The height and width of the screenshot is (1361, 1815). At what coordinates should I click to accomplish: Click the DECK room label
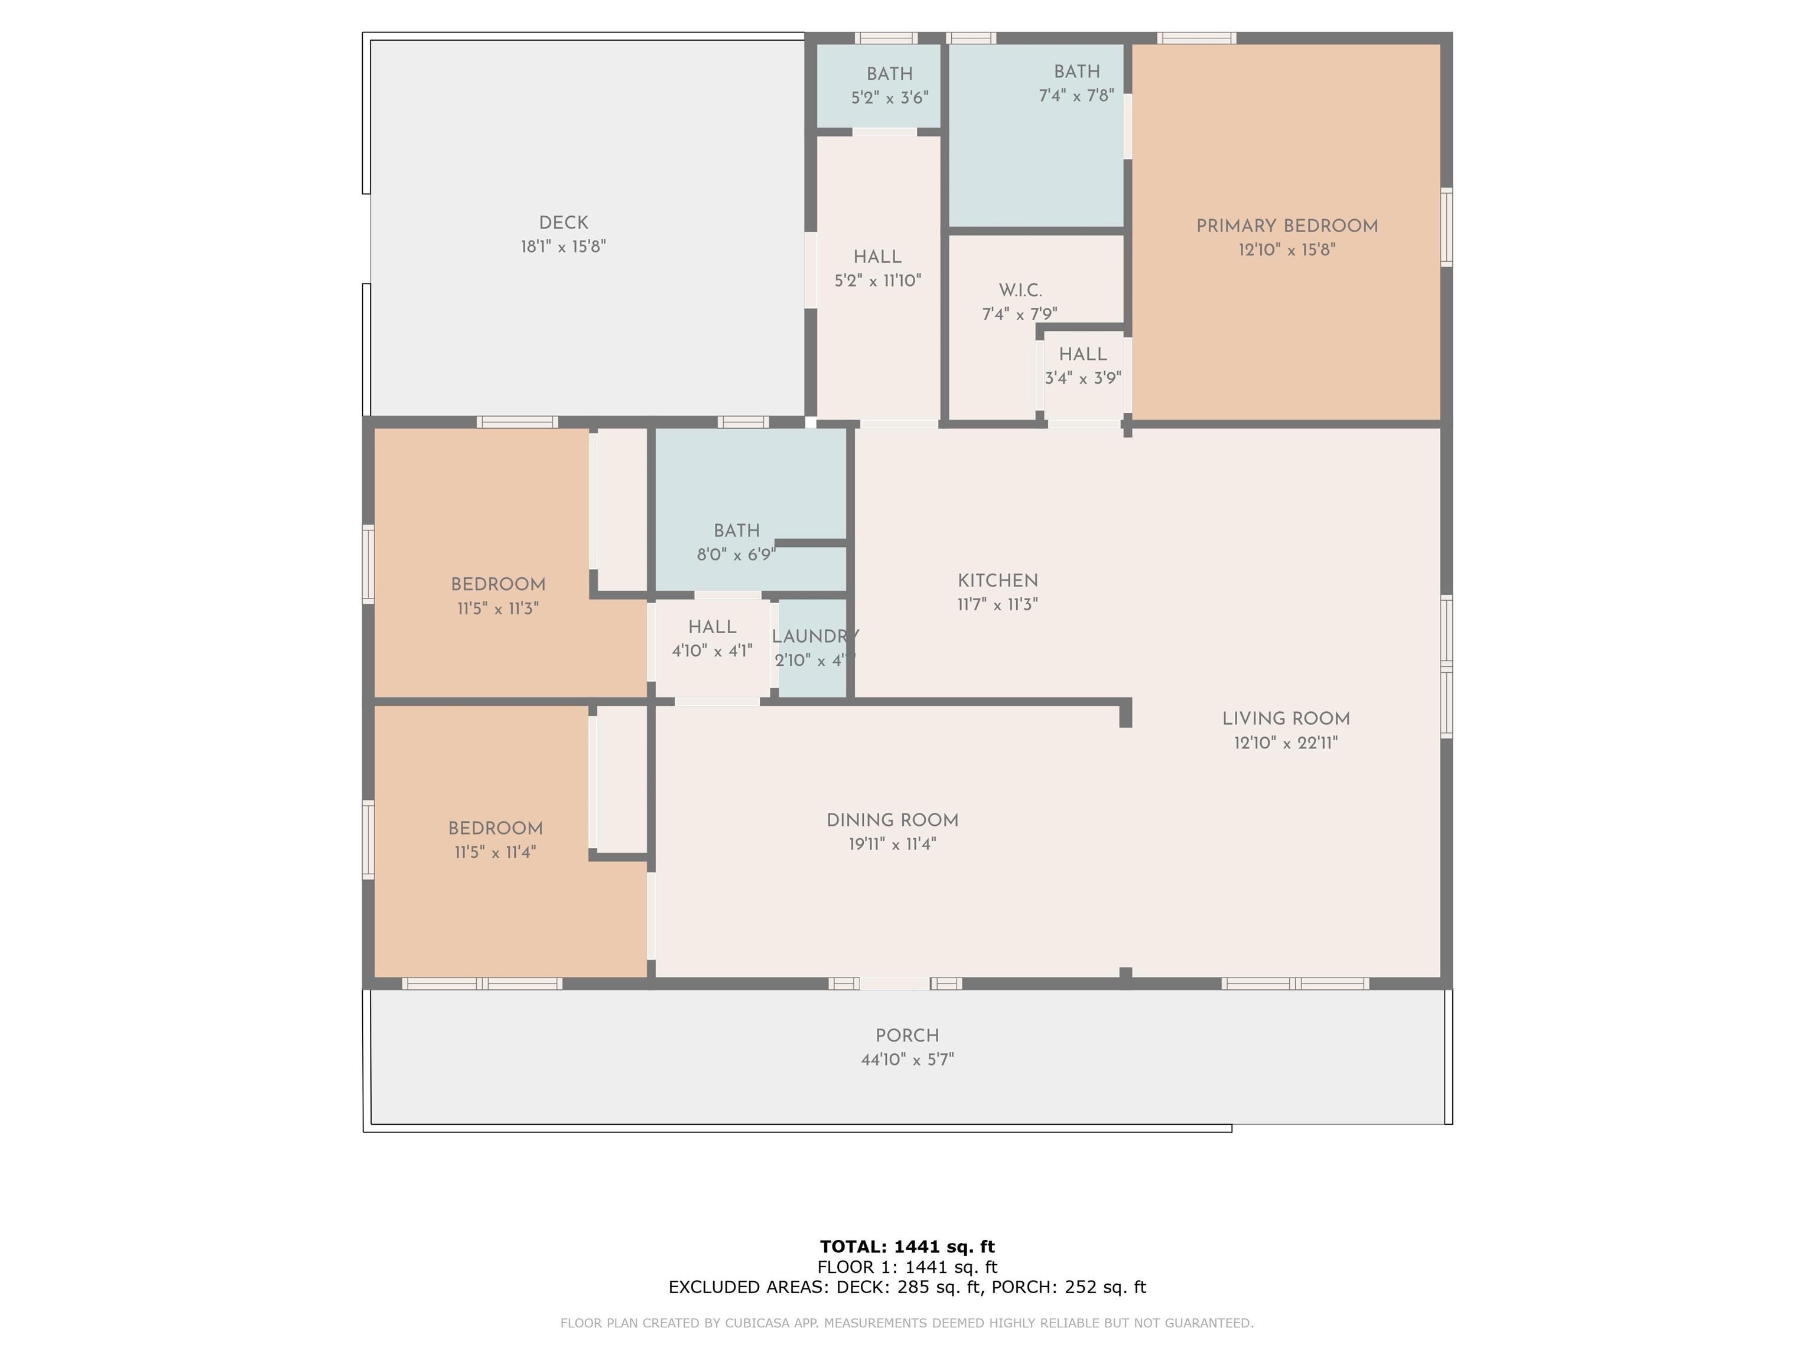point(564,223)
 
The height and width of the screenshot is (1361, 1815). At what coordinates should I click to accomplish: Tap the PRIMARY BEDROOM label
point(1287,226)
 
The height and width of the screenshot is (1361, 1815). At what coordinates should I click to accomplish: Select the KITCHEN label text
point(998,581)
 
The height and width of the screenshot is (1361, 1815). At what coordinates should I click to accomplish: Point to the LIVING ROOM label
point(1286,719)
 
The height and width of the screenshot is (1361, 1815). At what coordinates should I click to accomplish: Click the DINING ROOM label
point(892,820)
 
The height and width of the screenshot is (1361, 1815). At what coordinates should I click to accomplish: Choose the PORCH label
point(907,1036)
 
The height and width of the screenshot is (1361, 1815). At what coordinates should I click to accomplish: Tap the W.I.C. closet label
point(1020,291)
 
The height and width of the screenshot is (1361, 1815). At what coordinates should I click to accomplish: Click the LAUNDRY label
point(815,637)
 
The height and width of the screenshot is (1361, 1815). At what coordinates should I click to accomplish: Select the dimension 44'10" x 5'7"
point(907,1060)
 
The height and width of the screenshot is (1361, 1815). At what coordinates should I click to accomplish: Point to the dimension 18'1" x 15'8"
point(563,247)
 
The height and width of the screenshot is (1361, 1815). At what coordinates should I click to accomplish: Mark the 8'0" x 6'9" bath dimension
point(736,555)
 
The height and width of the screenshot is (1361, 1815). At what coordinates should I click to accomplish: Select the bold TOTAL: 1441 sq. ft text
point(907,1248)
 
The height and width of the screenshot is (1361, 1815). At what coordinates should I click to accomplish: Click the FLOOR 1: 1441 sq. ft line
point(907,1268)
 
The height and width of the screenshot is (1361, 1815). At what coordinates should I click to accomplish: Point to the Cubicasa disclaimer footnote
point(907,1323)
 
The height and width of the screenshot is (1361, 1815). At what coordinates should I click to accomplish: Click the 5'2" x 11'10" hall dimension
point(877,281)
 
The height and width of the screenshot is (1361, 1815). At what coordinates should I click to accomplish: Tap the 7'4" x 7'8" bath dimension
point(1076,96)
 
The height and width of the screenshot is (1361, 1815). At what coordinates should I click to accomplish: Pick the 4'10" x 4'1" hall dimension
point(711,652)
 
